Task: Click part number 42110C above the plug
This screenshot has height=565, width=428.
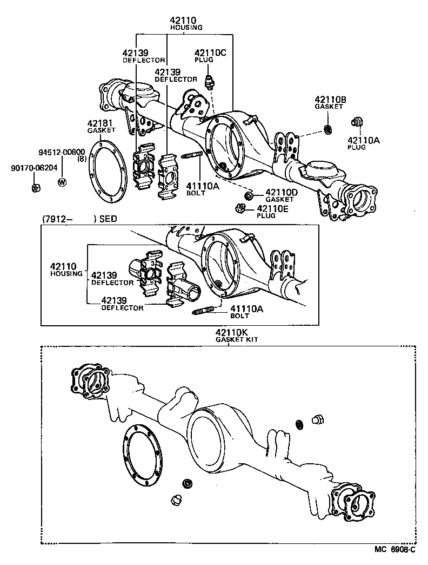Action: tap(205, 52)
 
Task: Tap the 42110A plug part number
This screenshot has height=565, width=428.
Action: tap(363, 140)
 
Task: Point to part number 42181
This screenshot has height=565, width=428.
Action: tap(101, 123)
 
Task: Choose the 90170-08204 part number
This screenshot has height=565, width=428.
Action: tap(34, 168)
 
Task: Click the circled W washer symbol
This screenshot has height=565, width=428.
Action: tap(62, 181)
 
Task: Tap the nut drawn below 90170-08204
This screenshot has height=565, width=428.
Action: tap(35, 188)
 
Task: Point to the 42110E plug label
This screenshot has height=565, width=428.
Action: tap(274, 208)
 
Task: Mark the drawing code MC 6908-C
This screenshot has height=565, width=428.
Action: tap(395, 550)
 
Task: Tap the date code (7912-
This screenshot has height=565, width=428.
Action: tap(56, 219)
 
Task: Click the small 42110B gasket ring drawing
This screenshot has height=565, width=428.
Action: tap(327, 129)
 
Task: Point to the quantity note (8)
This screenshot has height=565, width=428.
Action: tap(82, 159)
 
